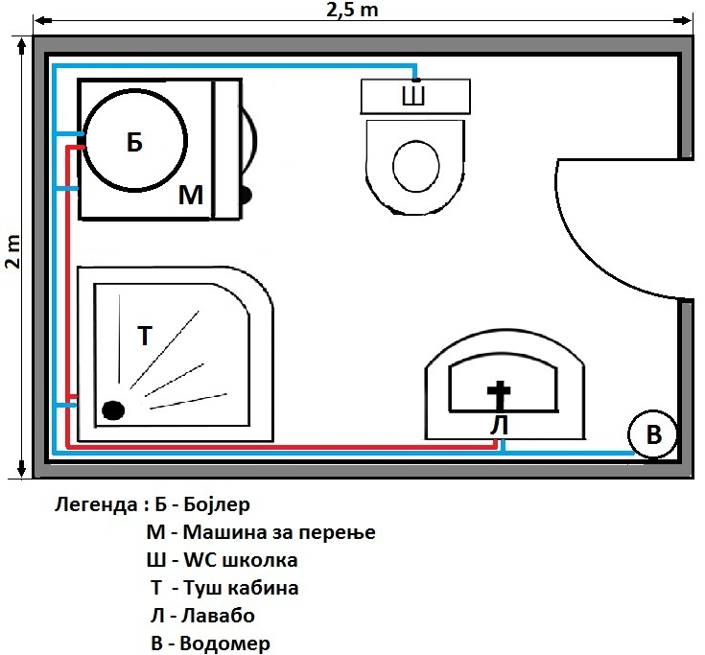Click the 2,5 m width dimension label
[352, 10]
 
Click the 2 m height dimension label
[13, 251]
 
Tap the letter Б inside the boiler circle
[134, 142]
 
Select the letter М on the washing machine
[191, 195]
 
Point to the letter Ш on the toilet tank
[413, 96]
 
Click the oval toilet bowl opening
[416, 166]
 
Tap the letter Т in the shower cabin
[145, 336]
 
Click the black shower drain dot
[113, 410]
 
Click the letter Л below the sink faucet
[500, 425]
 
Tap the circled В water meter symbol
[652, 433]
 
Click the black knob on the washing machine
[245, 195]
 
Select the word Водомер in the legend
[224, 643]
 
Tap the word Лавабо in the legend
[218, 616]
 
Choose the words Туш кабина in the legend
[241, 588]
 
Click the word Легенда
[96, 504]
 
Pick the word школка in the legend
[260, 560]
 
